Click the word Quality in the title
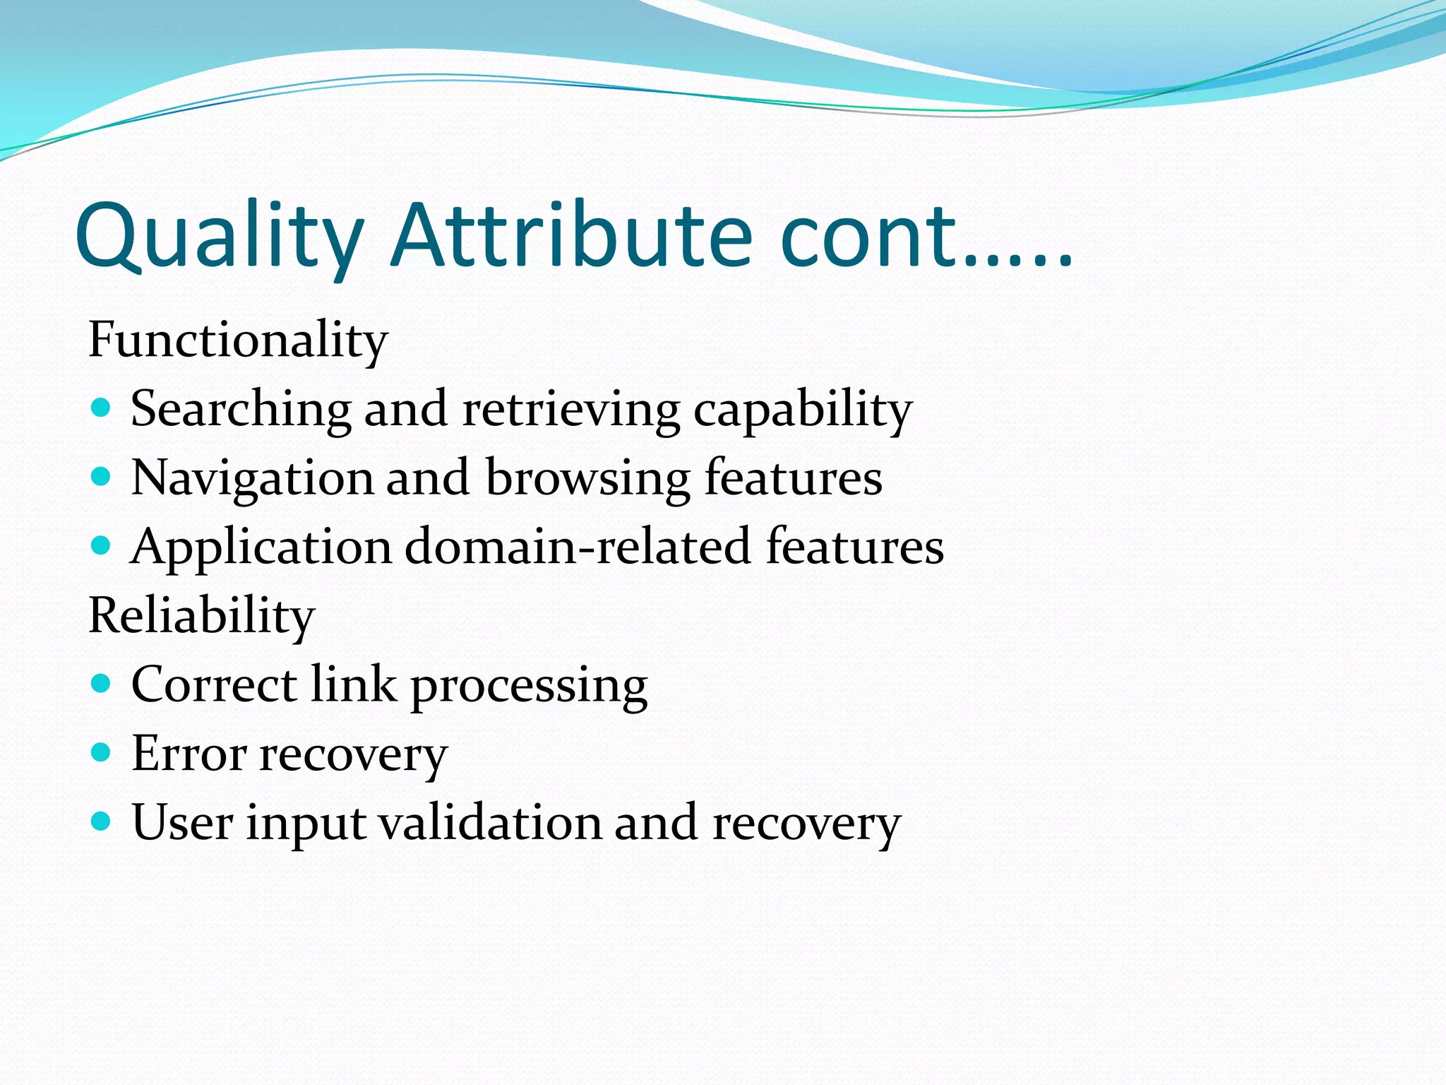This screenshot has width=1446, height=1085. [219, 237]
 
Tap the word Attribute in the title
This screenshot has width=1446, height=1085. [572, 237]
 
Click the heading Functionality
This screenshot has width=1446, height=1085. [238, 340]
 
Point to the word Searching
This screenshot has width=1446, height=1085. [241, 410]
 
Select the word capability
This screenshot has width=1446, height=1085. [803, 410]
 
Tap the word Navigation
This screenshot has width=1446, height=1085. [252, 478]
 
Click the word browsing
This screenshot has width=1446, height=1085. [587, 478]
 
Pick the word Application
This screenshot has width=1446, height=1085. [261, 547]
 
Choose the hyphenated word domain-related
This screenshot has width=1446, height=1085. [578, 547]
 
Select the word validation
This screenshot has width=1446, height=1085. [490, 823]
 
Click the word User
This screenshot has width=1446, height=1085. [182, 823]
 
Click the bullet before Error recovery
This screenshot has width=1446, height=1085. [102, 752]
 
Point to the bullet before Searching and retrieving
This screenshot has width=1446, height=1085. [102, 408]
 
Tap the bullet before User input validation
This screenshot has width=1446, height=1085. [102, 821]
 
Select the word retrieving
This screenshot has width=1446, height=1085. [570, 410]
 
